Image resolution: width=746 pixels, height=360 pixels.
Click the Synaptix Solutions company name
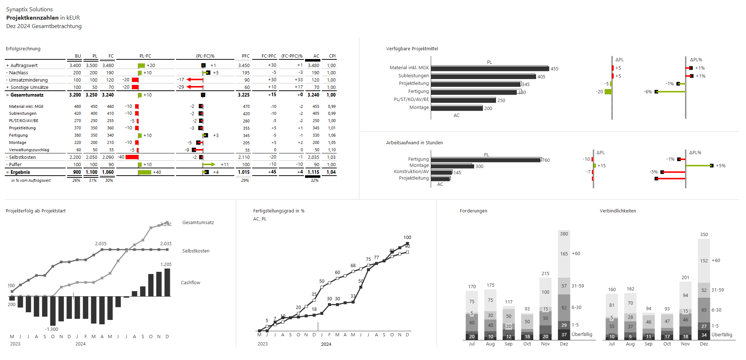click(29, 9)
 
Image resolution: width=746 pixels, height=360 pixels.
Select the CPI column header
click(332, 56)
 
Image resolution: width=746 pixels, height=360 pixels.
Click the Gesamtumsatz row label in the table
click(27, 95)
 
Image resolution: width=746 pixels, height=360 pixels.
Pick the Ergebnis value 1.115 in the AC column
click(313, 172)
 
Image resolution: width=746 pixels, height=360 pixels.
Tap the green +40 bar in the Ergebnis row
click(144, 172)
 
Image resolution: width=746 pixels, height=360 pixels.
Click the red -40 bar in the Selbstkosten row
click(132, 157)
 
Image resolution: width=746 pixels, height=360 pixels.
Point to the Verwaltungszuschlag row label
click(29, 150)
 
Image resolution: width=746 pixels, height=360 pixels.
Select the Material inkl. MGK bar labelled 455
click(489, 69)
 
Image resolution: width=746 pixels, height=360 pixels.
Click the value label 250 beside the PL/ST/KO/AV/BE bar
click(501, 101)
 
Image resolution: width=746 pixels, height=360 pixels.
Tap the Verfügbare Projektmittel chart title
click(412, 49)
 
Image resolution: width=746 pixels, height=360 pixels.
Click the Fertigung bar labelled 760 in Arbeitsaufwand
click(485, 160)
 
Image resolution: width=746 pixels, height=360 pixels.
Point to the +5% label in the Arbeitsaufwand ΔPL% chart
click(720, 166)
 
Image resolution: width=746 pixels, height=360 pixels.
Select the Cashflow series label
click(190, 283)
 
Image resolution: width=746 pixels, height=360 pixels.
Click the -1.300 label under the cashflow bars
click(51, 329)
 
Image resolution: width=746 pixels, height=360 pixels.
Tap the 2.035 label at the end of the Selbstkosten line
click(166, 244)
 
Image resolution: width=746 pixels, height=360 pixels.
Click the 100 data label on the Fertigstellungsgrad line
click(407, 238)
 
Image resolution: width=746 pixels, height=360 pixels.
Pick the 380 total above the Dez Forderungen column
click(564, 234)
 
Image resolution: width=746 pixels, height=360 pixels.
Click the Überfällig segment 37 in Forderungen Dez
click(564, 335)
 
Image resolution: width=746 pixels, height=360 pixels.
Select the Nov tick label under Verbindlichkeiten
click(685, 344)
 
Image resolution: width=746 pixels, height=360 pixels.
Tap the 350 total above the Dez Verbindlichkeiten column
click(704, 235)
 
